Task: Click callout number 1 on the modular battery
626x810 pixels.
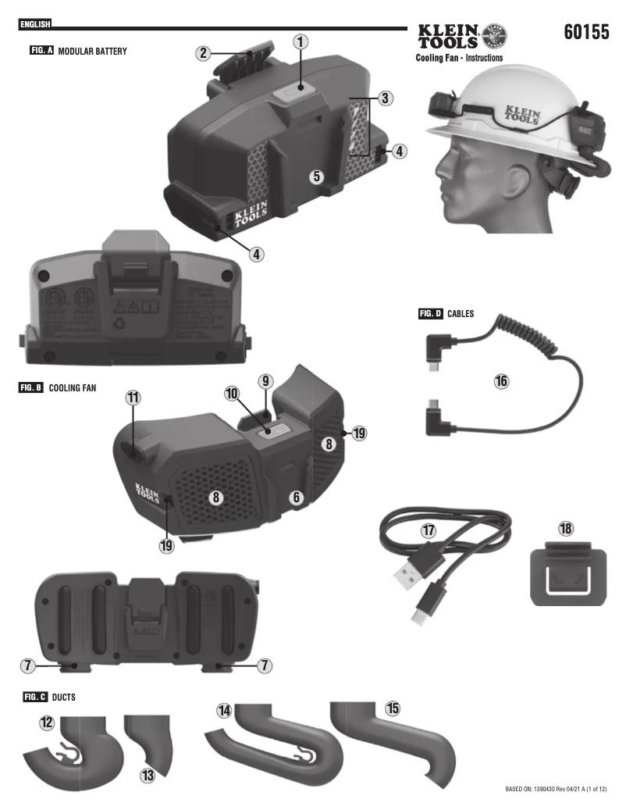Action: click(301, 41)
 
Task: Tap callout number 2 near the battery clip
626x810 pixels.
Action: click(203, 53)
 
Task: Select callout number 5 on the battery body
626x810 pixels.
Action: click(316, 176)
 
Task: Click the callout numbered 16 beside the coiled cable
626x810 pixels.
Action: click(501, 380)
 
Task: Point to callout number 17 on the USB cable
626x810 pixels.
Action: click(428, 530)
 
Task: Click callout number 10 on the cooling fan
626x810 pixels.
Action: click(232, 394)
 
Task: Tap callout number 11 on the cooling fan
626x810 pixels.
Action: click(133, 397)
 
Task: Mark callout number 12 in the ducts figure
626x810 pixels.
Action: click(47, 723)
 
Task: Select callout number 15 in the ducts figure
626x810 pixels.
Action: click(393, 708)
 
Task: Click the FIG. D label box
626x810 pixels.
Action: click(431, 314)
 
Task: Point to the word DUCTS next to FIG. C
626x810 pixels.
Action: click(64, 697)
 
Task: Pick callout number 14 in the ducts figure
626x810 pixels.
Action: click(225, 710)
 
